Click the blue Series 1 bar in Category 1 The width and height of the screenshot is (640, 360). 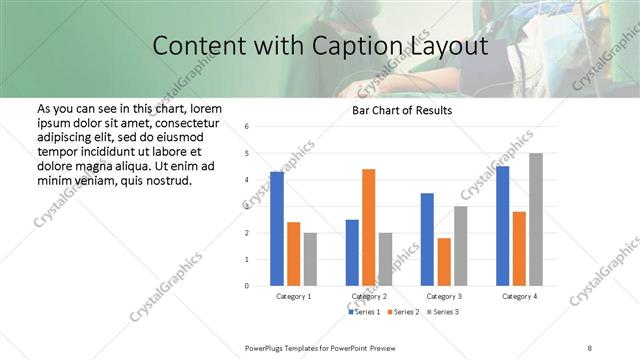coord(277,229)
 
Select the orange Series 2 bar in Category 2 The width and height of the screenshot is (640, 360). coord(368,227)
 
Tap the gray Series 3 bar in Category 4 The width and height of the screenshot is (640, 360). coord(536,219)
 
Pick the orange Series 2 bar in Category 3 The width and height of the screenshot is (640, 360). coord(444,262)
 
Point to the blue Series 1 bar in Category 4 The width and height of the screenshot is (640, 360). coord(502,226)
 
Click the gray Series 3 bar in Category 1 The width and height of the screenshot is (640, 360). coord(310,259)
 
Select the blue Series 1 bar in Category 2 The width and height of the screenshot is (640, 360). coord(352,253)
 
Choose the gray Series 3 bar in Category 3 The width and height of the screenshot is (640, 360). coord(460,246)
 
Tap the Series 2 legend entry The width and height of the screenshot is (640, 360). coord(405,312)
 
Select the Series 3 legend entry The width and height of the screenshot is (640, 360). coord(445,312)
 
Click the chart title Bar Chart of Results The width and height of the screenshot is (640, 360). coord(402,110)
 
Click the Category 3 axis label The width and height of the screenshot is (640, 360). coord(443,297)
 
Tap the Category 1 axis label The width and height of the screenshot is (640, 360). coord(293,297)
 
